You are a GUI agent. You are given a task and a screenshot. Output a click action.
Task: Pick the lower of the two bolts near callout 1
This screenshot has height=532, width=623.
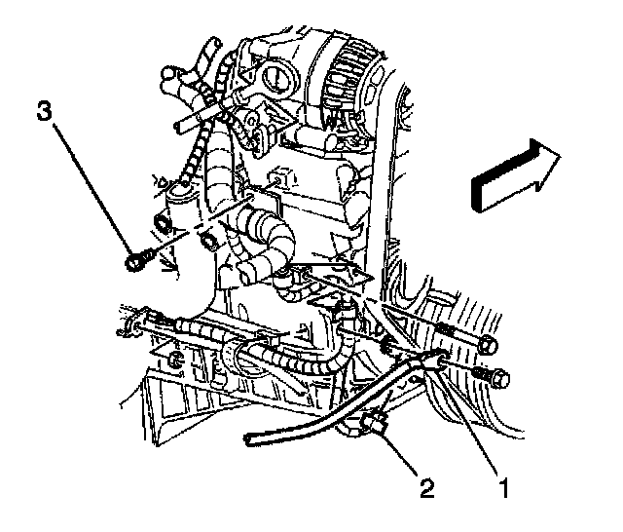496,375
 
